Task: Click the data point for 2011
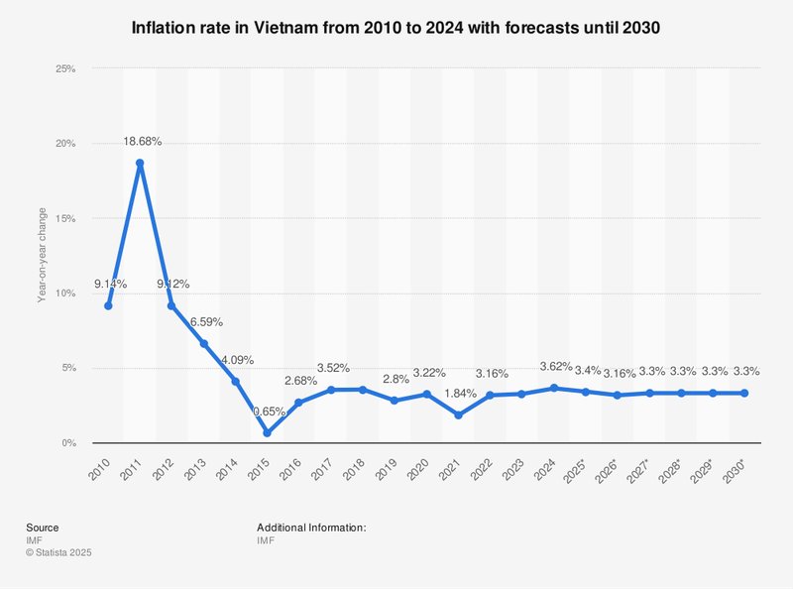[140, 164]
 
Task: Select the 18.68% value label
[142, 142]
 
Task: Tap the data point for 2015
[267, 433]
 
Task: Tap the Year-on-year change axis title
[42, 255]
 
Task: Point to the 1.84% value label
[459, 395]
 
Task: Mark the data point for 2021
[458, 415]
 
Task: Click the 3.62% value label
[586, 367]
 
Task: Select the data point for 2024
[585, 389]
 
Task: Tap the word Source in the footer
[43, 528]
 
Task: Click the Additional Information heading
[311, 528]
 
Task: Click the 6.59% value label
[204, 322]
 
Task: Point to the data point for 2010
[108, 305]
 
